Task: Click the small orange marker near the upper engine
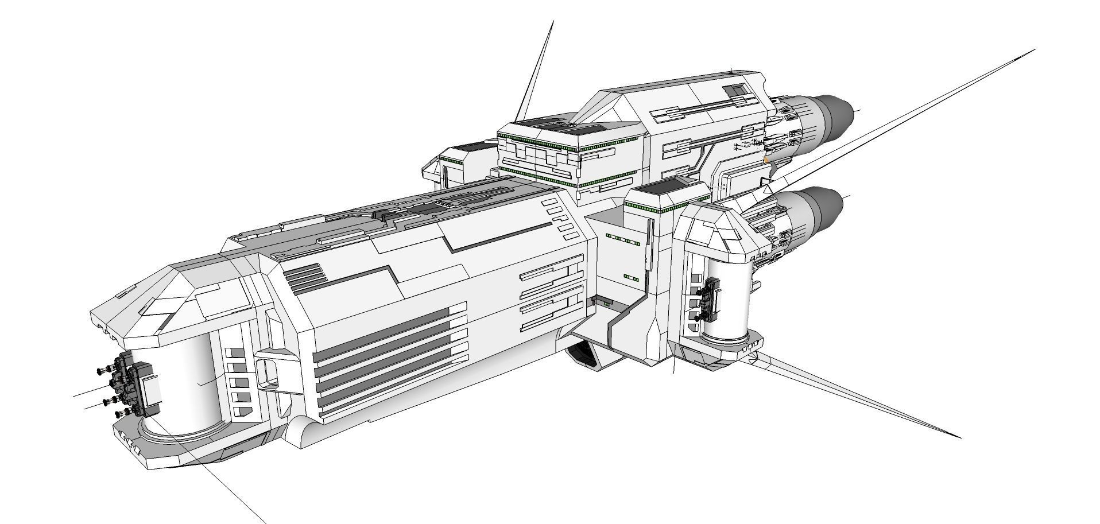click(x=766, y=160)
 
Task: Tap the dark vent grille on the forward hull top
click(x=304, y=275)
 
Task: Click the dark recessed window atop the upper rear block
click(x=734, y=90)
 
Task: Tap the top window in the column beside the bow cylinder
click(x=233, y=352)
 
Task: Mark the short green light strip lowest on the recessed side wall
click(x=631, y=278)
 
